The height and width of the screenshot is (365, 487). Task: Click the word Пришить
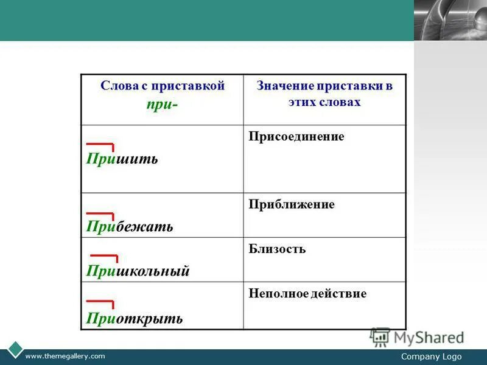tap(122, 159)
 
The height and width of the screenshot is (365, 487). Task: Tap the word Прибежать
tap(129, 227)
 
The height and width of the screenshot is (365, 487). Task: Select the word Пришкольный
tap(138, 271)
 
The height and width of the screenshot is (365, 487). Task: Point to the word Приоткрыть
tap(134, 318)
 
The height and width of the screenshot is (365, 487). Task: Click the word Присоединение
tap(296, 137)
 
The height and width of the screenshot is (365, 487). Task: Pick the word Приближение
tap(292, 204)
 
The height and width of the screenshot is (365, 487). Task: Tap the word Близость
tap(277, 249)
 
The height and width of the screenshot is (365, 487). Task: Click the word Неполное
tap(275, 294)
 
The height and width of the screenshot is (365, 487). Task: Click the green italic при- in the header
tap(162, 104)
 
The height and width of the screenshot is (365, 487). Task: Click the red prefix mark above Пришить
tap(100, 146)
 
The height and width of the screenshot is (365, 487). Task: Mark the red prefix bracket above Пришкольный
tap(103, 258)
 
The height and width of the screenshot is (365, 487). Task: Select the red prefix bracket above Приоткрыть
tap(100, 302)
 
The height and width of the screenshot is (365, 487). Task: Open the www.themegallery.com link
tap(65, 356)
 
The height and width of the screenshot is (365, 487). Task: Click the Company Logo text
tap(432, 356)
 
